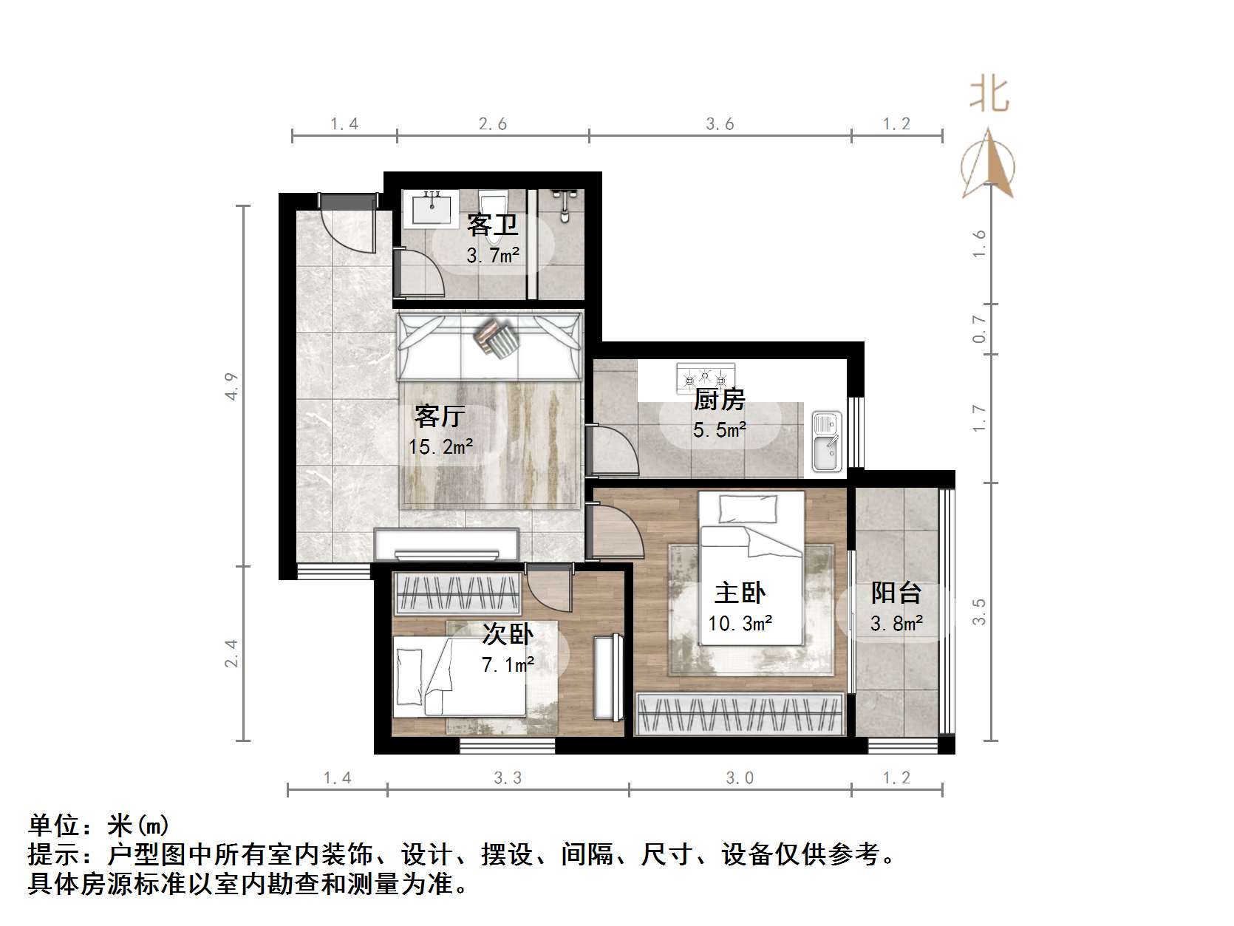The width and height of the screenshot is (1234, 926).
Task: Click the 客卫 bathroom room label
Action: (492, 225)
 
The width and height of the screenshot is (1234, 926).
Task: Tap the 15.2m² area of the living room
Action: (441, 446)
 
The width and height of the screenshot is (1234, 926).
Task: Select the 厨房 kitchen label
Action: (719, 400)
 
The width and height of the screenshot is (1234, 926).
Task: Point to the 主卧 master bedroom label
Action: (740, 593)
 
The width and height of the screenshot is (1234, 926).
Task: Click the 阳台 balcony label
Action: (896, 593)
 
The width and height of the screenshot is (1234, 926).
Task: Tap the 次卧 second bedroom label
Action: (508, 634)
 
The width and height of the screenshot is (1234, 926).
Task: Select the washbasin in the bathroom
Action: (432, 206)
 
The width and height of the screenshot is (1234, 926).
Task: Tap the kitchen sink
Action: (827, 441)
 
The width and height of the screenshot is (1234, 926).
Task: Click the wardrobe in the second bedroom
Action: (456, 593)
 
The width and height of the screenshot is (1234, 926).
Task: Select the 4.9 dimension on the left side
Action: (232, 387)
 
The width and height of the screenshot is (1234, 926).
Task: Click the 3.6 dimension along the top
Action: (720, 124)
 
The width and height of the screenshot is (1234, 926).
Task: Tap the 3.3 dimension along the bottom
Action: (508, 777)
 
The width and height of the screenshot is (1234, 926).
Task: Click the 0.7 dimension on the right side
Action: (979, 329)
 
